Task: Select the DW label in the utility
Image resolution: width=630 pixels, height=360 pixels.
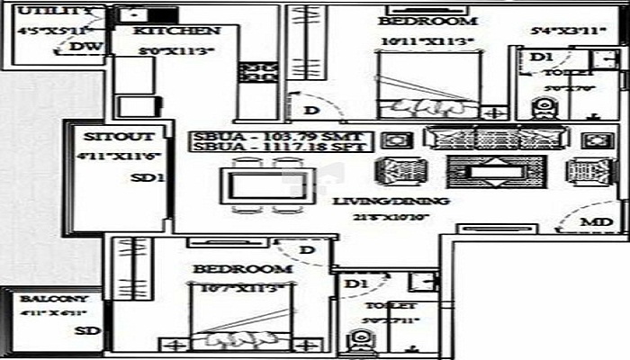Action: (84, 47)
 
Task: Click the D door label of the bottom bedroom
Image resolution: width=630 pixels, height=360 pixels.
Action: (306, 248)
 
